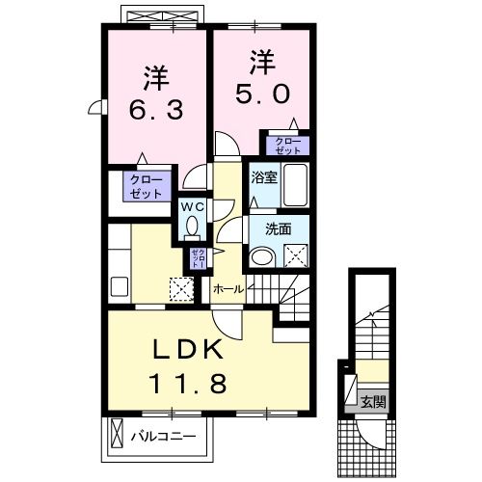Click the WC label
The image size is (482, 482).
[x=190, y=204]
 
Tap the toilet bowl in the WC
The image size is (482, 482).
[x=191, y=228]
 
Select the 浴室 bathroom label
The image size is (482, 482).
[x=263, y=177]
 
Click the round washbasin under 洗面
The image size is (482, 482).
[x=262, y=257]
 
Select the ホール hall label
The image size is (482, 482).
[x=228, y=288]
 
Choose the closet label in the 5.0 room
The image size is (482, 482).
[x=288, y=146]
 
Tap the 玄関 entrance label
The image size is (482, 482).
[x=372, y=401]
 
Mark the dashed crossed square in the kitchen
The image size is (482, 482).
[x=180, y=287]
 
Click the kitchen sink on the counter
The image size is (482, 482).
[x=120, y=286]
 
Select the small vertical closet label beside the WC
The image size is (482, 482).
[x=198, y=258]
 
